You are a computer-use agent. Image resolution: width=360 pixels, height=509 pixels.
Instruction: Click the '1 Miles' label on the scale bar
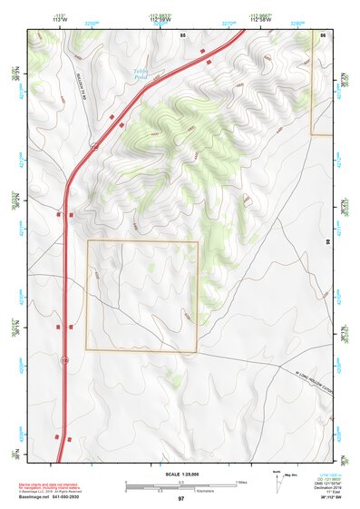(x=242, y=481)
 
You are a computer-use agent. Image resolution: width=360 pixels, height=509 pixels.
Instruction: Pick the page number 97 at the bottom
(x=180, y=499)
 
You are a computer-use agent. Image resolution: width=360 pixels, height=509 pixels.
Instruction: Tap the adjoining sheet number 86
(x=323, y=34)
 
